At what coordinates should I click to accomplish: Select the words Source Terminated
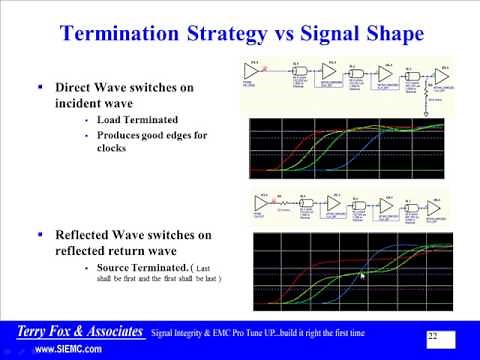140,268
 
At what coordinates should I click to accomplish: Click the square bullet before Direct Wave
40,88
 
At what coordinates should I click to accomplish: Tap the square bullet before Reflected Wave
40,235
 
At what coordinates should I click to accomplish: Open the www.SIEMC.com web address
68,350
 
